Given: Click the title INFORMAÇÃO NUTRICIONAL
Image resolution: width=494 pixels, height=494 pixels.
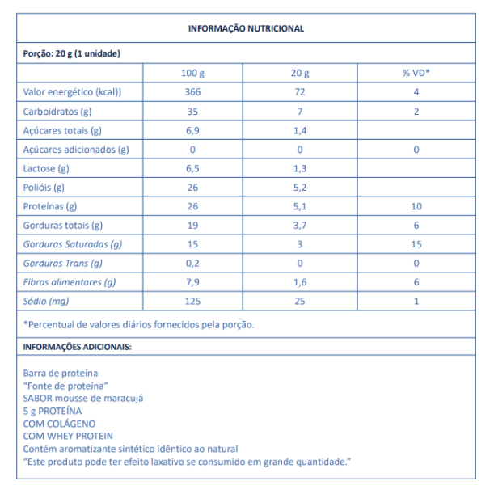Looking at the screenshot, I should [x=246, y=28].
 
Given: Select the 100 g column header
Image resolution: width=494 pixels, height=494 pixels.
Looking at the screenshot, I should [x=192, y=73].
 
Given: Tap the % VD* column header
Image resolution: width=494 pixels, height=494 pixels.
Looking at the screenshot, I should [x=416, y=73].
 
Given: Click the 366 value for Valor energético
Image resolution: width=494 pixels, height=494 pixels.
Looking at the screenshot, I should [x=192, y=92].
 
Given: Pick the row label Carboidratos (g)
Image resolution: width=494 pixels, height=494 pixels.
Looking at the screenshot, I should [x=57, y=111].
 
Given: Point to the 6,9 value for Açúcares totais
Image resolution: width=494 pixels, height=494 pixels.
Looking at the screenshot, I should [x=192, y=130].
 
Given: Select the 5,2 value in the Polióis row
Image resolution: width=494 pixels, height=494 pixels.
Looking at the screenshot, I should [x=299, y=187].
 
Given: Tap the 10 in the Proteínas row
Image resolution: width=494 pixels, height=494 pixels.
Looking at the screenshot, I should [x=416, y=206].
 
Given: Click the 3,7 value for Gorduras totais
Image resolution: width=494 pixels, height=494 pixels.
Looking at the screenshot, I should [x=299, y=225].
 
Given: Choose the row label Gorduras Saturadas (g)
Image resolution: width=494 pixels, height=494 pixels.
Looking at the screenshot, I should [x=73, y=244].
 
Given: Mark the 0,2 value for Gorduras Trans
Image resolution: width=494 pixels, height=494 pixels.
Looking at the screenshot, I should [x=192, y=263].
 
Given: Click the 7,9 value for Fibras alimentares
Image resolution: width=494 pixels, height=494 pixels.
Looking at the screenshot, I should [x=192, y=282].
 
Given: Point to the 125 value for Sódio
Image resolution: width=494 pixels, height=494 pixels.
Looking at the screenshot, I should [x=192, y=301].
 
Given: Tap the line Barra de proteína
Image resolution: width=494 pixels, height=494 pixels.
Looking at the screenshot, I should [x=61, y=374].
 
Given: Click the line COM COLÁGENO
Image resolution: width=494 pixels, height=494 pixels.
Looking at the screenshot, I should [x=60, y=423].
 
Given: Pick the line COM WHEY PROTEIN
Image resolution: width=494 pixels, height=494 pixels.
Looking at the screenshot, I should [x=69, y=436].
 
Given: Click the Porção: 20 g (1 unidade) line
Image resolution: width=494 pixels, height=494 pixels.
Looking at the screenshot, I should [x=72, y=53].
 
